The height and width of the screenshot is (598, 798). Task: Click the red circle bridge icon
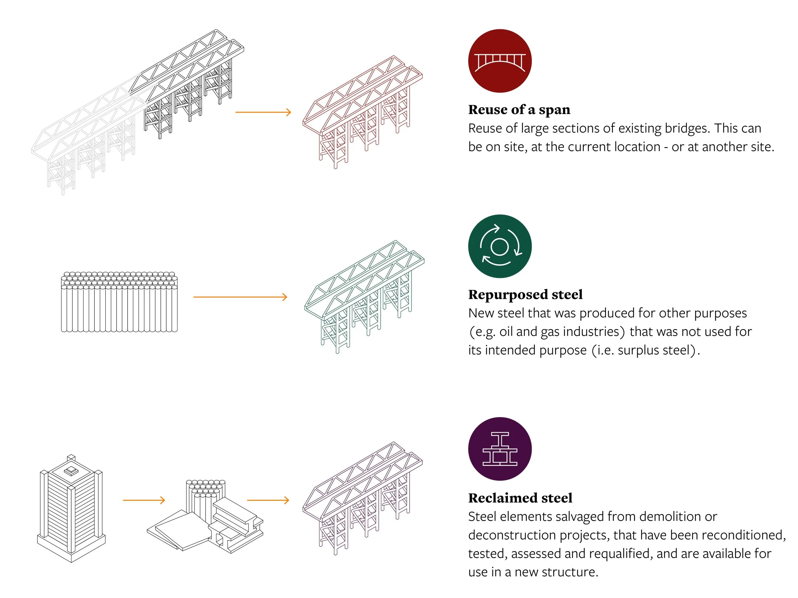500,61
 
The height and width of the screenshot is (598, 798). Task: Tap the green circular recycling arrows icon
500,246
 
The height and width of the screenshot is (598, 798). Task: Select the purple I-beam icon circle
500,449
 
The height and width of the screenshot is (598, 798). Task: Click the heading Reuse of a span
519,110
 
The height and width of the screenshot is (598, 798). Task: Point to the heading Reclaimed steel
520,498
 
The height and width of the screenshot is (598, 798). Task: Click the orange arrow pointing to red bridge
263,112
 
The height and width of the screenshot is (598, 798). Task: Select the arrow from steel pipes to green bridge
240,297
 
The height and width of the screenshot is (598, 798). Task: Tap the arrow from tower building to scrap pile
144,500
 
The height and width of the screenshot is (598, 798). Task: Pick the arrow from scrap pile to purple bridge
268,500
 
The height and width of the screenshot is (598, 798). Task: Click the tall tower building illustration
71,509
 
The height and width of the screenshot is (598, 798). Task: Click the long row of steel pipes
119,302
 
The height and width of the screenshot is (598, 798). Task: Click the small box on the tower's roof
71,470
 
